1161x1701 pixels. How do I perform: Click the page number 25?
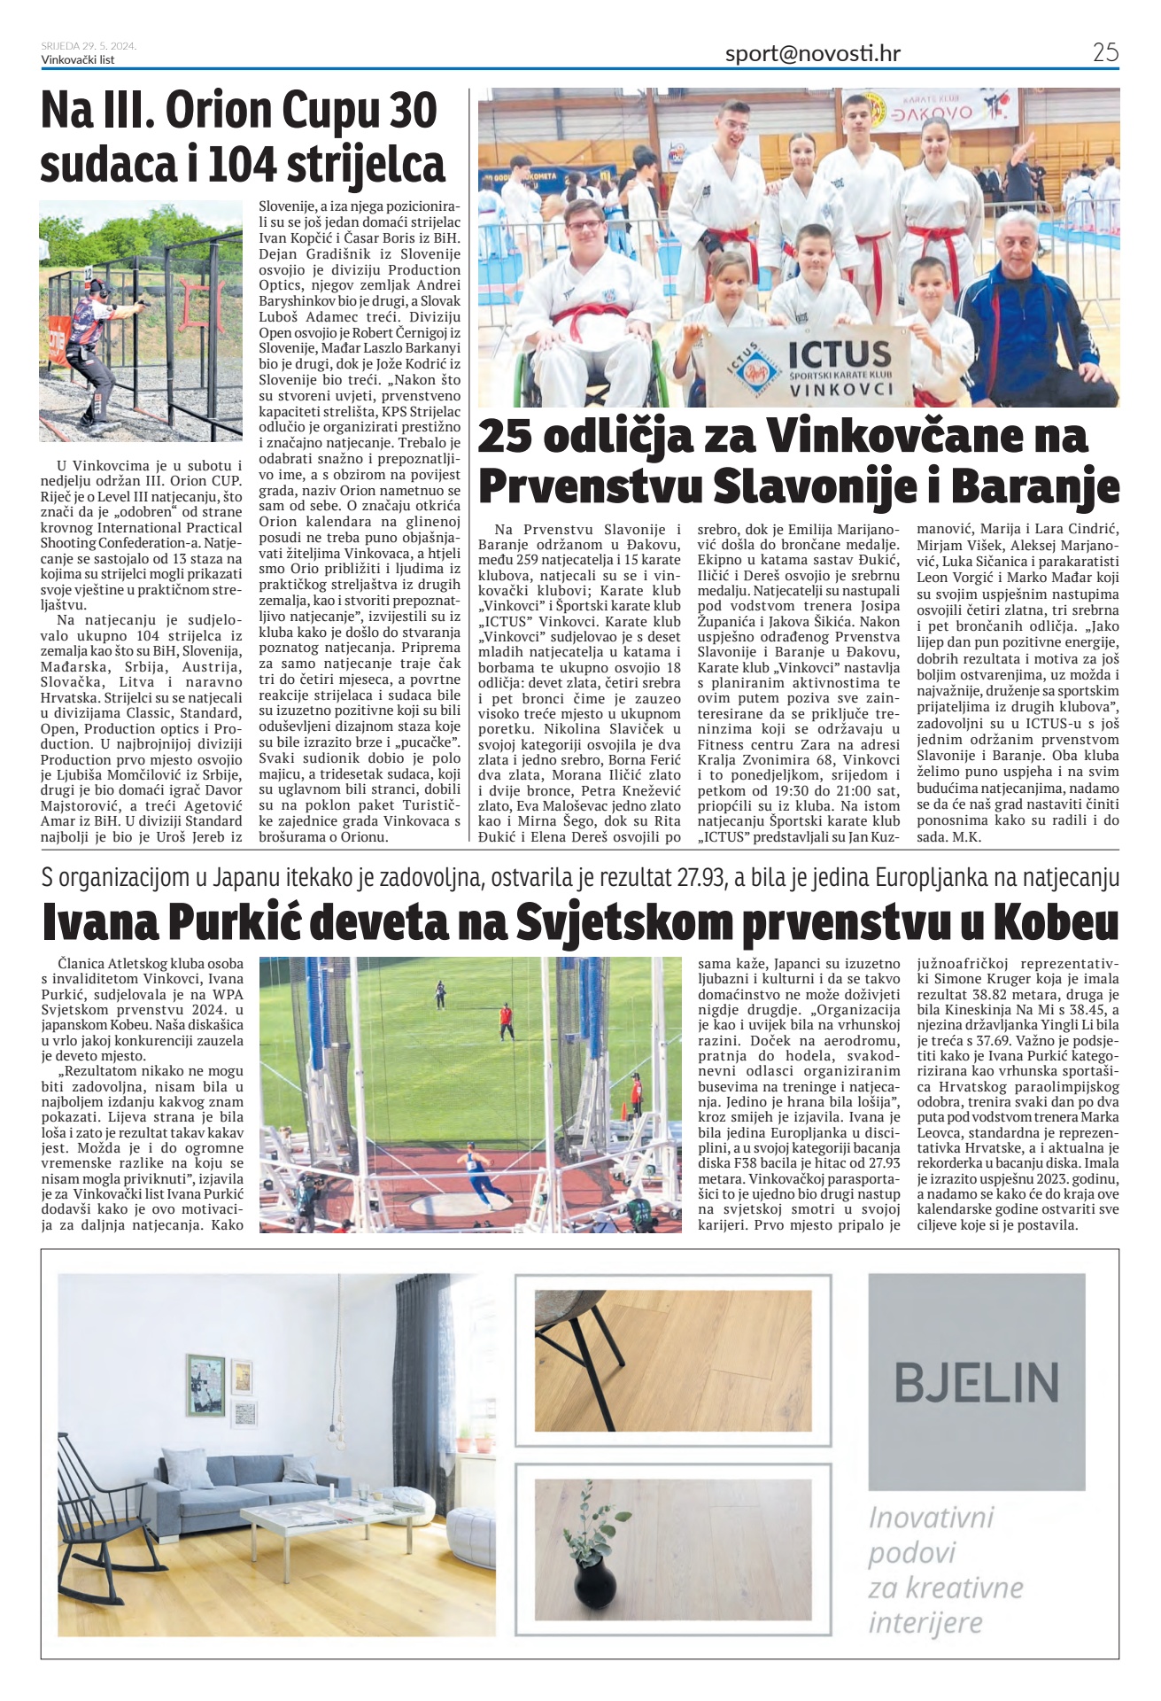[1105, 52]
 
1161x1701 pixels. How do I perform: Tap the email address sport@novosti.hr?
[812, 53]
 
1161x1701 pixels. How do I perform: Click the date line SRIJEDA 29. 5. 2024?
[89, 46]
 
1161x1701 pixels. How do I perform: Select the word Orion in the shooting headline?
[218, 112]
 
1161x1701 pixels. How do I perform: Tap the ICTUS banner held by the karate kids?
[807, 364]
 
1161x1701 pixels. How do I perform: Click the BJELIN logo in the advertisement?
[976, 1381]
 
